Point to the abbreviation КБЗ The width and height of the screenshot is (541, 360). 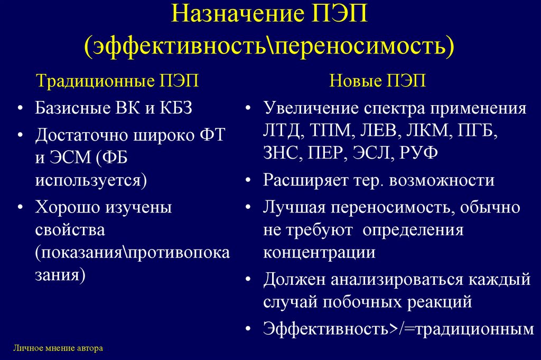(174, 109)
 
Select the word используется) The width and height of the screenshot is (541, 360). (91, 180)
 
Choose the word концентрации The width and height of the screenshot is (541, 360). (319, 252)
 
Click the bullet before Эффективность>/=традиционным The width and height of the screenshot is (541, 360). (248, 329)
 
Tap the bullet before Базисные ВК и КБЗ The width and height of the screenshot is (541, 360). (20, 109)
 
